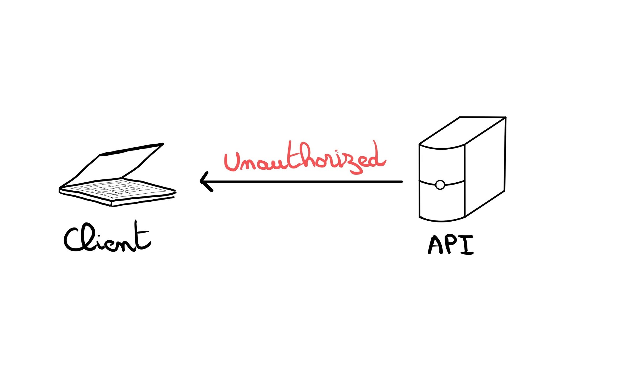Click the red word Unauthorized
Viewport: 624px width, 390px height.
coord(305,160)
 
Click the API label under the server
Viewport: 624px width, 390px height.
coord(451,245)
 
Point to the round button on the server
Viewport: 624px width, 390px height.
coord(440,185)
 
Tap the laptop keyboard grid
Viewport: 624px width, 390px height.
coord(116,189)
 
